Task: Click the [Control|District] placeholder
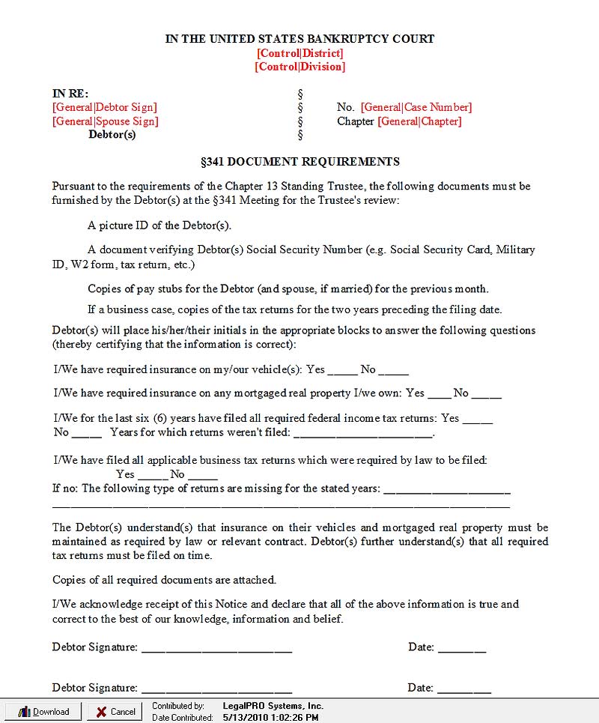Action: [x=299, y=53]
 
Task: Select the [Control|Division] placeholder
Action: [x=299, y=67]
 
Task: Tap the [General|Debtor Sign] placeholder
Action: [x=105, y=107]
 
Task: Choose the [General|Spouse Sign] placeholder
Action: [x=106, y=121]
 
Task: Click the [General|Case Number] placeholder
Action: [x=416, y=107]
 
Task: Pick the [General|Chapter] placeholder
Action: [x=419, y=121]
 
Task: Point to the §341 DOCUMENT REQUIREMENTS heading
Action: [x=299, y=161]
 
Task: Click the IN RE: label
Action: [x=70, y=94]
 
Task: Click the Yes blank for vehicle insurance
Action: [x=343, y=371]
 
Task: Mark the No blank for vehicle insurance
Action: [x=394, y=371]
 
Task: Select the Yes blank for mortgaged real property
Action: [x=440, y=394]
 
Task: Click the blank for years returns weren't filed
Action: [x=363, y=434]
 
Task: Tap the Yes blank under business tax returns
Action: [x=153, y=475]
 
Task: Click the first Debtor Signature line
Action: [x=216, y=649]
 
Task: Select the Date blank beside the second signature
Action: [x=464, y=689]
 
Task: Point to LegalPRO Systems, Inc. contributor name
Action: [x=273, y=706]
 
